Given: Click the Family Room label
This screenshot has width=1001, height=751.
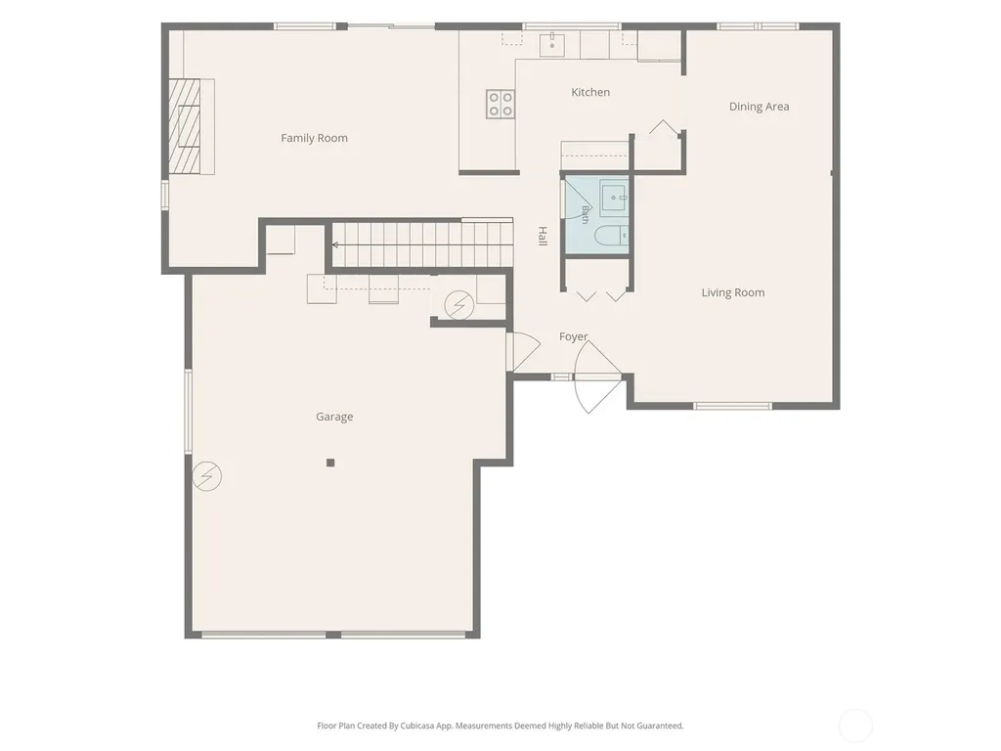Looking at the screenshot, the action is (314, 138).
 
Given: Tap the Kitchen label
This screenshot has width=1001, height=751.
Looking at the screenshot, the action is (590, 92).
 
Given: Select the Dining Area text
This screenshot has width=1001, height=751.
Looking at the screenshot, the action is (759, 107).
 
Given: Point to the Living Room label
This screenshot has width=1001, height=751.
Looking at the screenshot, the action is (733, 292).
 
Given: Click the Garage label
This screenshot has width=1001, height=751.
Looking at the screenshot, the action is (334, 417).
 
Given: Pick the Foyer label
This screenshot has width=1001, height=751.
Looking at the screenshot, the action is (573, 336).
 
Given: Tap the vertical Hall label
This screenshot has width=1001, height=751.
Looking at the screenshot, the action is (543, 236).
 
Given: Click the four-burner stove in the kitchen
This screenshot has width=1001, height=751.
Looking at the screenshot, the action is (500, 104).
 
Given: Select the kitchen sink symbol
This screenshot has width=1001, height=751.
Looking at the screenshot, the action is (552, 45).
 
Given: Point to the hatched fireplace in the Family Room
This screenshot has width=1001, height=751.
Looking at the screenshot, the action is (185, 126).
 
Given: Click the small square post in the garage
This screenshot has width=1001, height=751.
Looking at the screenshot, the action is (330, 463).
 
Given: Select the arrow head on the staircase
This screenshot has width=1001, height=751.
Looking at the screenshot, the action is (335, 244).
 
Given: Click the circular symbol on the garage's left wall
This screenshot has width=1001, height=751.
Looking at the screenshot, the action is (207, 476).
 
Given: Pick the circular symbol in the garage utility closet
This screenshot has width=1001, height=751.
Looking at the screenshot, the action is (459, 305).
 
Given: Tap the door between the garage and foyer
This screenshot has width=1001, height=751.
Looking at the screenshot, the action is (524, 351).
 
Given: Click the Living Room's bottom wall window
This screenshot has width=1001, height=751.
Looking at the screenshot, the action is (732, 406).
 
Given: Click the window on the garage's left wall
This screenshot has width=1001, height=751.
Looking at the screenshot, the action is (189, 412).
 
